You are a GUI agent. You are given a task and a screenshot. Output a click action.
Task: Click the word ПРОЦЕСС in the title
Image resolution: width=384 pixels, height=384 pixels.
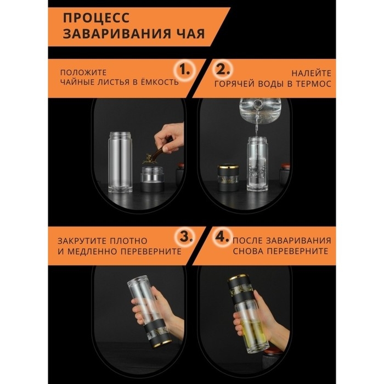(x=96, y=18)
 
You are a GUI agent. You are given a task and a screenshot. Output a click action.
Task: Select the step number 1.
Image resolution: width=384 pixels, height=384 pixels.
(x=184, y=70)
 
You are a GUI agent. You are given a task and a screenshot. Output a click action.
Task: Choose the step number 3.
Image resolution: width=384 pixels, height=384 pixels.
(x=186, y=237)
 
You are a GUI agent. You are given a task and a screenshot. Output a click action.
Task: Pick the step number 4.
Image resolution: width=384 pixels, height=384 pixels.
(x=222, y=237)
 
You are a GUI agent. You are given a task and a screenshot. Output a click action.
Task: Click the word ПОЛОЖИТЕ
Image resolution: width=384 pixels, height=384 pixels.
(x=83, y=72)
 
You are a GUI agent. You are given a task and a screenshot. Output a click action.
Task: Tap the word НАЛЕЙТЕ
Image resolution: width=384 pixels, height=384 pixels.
(x=311, y=73)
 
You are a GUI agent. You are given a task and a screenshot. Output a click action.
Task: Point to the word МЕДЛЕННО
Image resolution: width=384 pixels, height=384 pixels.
(x=92, y=251)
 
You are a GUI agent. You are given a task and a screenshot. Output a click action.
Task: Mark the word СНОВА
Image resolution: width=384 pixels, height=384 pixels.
(x=247, y=251)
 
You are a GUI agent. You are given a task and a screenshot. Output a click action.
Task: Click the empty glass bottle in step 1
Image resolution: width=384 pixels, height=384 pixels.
(x=120, y=162)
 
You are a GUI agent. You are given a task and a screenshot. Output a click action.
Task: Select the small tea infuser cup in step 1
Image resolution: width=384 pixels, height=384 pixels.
(x=152, y=179)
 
